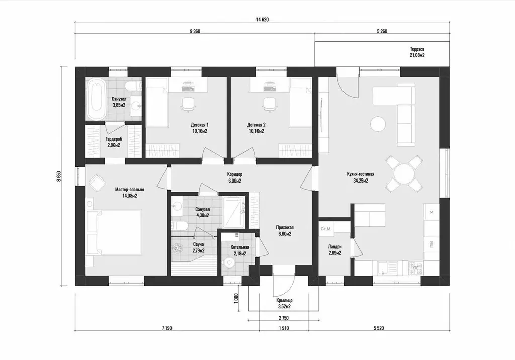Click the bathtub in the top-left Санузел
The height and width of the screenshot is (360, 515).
click(x=97, y=99)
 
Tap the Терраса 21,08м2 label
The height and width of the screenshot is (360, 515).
click(x=417, y=52)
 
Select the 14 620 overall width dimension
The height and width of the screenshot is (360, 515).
click(x=262, y=20)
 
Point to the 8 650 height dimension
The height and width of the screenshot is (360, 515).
click(x=59, y=176)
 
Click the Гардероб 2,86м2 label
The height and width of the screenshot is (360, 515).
click(x=114, y=142)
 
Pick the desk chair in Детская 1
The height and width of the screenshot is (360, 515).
click(x=188, y=104)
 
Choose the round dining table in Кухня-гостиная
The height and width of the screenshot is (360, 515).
click(x=404, y=174)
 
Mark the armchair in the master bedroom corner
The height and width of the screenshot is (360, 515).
click(x=97, y=183)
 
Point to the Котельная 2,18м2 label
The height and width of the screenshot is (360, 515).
click(x=240, y=250)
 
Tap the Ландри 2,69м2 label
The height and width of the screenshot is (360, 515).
click(x=334, y=250)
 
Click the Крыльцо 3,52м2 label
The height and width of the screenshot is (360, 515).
click(x=284, y=304)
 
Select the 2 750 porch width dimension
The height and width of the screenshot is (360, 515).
click(x=284, y=318)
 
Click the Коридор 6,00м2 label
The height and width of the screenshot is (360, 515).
click(x=235, y=177)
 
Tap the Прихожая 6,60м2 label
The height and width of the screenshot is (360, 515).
click(x=285, y=231)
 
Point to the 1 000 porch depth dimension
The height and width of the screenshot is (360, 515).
click(x=236, y=299)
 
